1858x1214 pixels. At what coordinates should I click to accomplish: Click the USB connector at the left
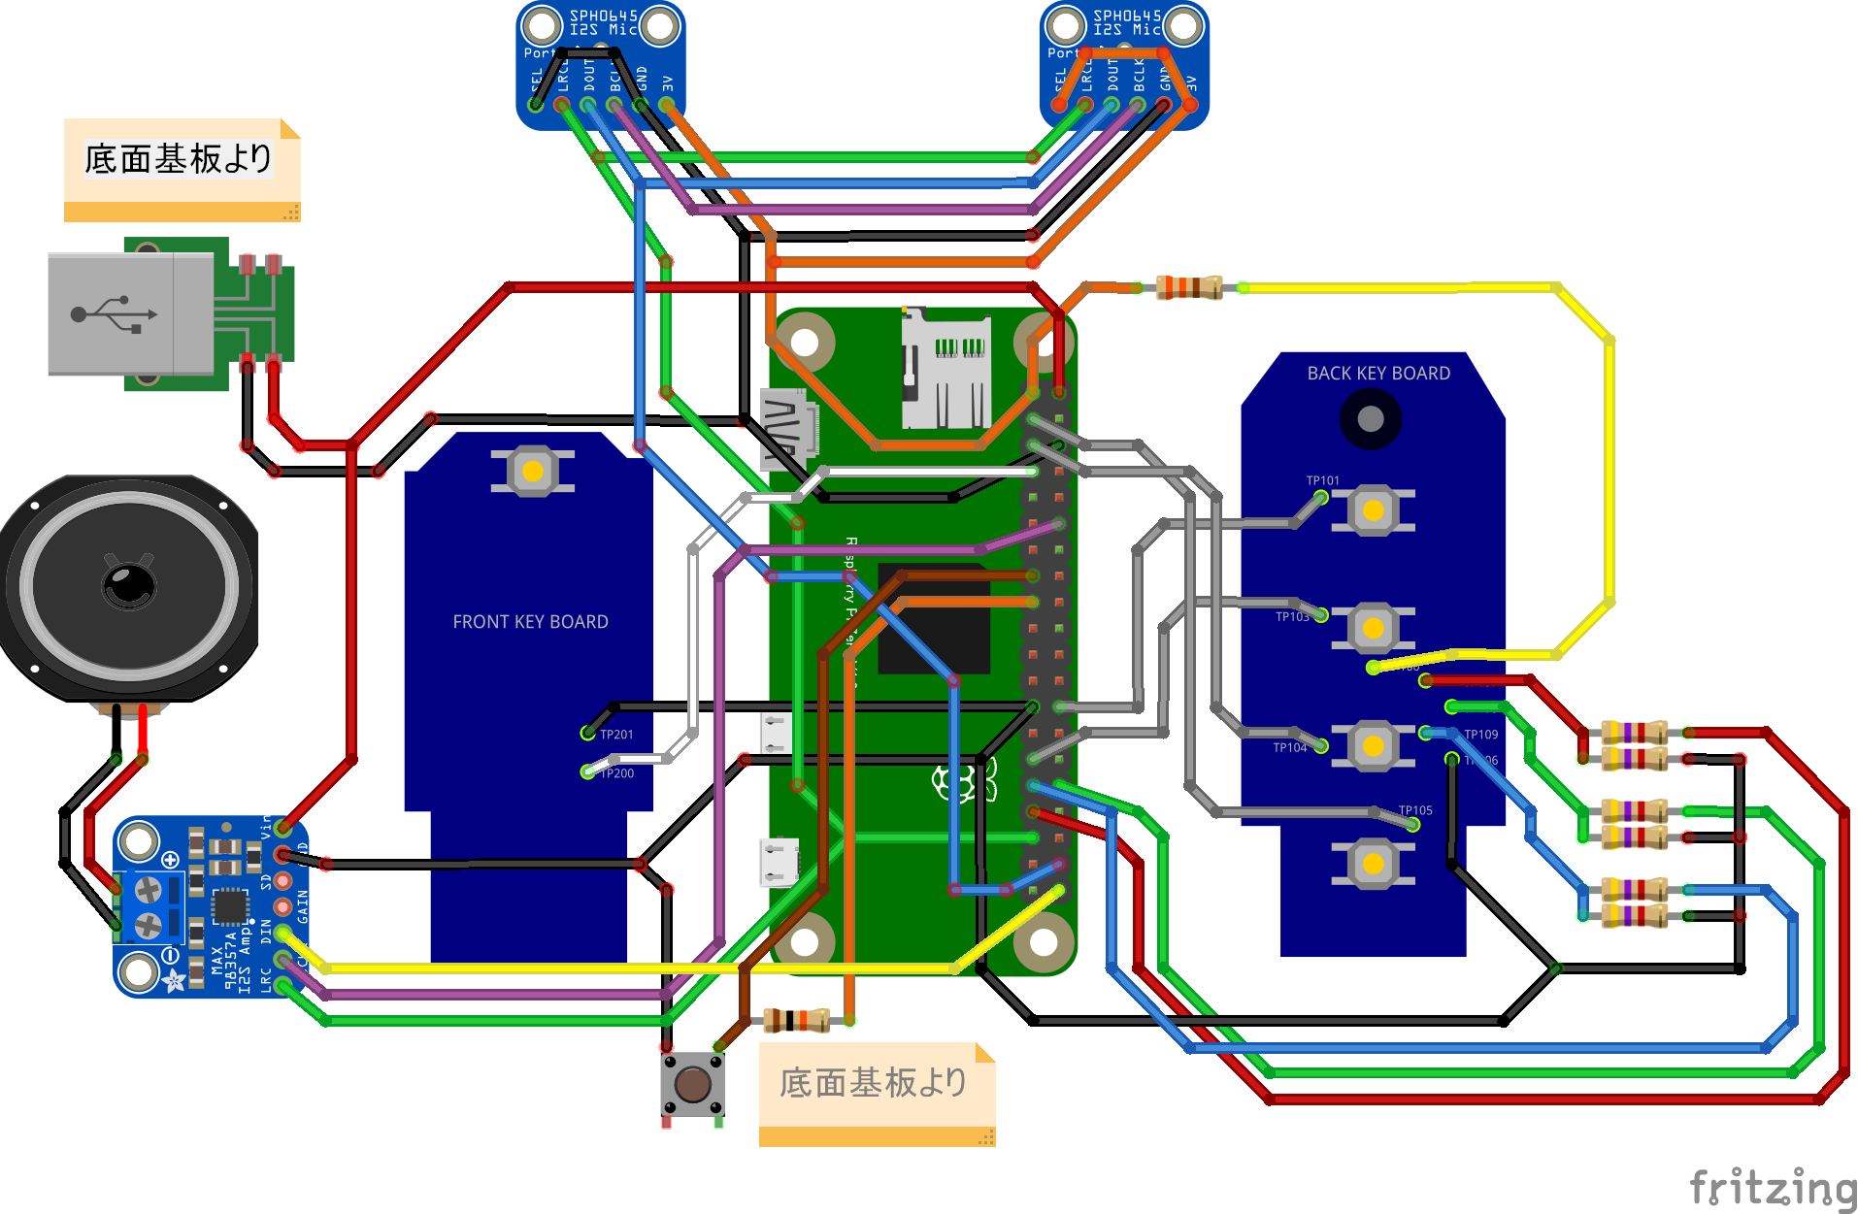[x=131, y=313]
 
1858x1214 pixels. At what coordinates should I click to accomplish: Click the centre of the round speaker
[x=129, y=585]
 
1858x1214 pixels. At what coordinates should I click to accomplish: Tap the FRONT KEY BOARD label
[x=530, y=622]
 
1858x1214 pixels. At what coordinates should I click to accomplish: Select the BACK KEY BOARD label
[x=1378, y=374]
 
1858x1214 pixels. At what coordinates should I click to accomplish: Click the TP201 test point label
[x=616, y=735]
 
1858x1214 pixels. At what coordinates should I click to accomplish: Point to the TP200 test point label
[x=616, y=773]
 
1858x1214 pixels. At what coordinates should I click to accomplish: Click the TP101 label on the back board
[x=1322, y=480]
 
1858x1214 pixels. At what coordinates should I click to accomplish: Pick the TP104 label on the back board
[x=1290, y=747]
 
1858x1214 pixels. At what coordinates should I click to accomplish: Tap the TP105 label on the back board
[x=1415, y=810]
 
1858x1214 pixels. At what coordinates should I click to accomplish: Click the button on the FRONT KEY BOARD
[x=532, y=472]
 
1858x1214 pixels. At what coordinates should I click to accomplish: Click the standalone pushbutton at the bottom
[x=692, y=1084]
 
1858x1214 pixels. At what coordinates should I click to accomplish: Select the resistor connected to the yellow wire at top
[x=1189, y=287]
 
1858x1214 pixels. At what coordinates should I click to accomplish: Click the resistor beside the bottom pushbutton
[x=796, y=1020]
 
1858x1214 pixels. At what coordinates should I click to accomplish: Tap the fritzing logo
[x=1772, y=1187]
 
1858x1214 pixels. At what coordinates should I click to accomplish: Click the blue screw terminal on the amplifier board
[x=149, y=906]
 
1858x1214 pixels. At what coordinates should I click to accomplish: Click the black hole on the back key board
[x=1370, y=419]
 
